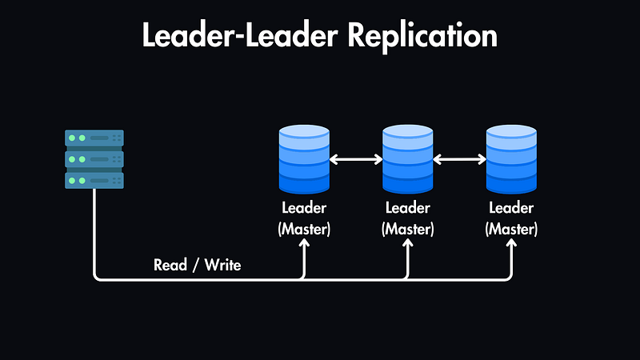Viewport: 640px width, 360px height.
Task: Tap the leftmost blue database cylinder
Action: [x=304, y=160]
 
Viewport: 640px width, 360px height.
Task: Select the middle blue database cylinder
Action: [x=408, y=160]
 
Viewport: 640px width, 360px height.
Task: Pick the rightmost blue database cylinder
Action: [x=512, y=160]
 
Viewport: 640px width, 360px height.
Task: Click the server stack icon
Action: [x=94, y=159]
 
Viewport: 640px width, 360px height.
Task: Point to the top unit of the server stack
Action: [x=94, y=138]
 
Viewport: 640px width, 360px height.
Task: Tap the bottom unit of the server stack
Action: [x=94, y=180]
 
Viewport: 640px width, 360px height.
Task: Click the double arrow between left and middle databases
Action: [x=356, y=160]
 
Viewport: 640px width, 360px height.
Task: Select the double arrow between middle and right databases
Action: [x=460, y=160]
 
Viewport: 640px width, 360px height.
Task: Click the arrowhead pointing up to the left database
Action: [x=304, y=246]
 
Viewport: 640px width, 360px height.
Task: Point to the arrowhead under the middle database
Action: [x=408, y=246]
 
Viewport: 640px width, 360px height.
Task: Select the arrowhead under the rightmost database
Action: [x=512, y=246]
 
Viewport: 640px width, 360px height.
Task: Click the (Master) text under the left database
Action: [x=304, y=229]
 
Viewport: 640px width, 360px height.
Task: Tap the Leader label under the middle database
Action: [x=408, y=209]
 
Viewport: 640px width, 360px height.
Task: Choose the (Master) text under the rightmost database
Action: [x=512, y=229]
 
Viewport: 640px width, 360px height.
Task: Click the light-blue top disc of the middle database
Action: [x=408, y=134]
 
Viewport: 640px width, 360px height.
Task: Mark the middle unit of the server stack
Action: [x=94, y=159]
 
